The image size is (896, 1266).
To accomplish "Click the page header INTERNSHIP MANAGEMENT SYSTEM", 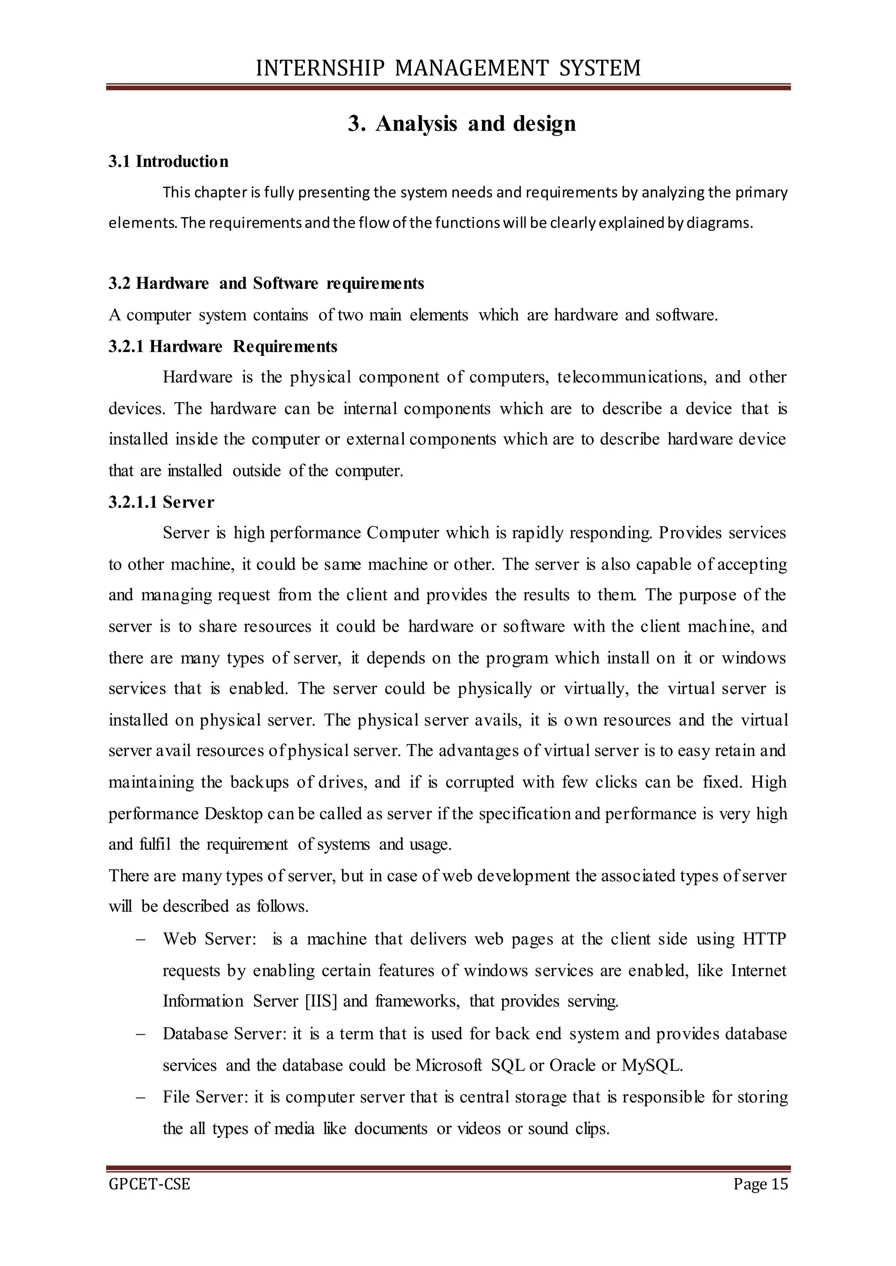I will coord(448,68).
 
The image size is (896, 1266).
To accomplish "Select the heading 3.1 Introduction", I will coord(168,162).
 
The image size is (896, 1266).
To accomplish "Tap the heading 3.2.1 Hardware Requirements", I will coord(222,346).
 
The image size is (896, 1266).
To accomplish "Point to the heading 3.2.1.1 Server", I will coord(161,502).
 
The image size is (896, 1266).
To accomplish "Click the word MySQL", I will coord(651,1065).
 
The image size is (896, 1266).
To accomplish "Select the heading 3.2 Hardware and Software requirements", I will coord(266,283).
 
